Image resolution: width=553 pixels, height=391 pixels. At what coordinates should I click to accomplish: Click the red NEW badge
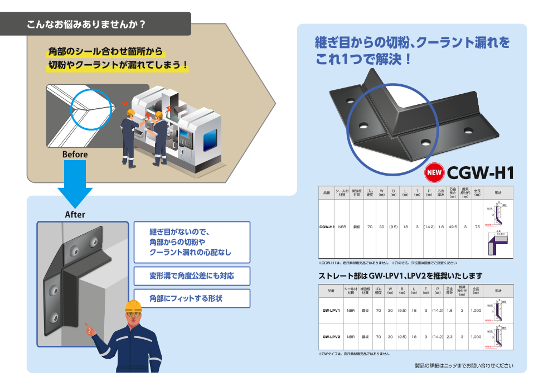point(434,172)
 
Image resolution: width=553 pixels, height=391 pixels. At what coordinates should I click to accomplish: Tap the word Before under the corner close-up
point(75,155)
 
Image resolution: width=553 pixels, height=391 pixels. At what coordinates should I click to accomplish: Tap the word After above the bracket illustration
point(75,215)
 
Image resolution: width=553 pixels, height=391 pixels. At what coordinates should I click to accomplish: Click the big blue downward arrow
point(75,184)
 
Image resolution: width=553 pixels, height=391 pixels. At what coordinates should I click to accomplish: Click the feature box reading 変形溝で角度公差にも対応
point(192,276)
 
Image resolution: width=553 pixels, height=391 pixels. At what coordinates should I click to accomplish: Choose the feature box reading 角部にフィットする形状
point(192,298)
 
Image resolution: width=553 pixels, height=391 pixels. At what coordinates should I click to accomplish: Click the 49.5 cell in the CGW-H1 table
point(452,227)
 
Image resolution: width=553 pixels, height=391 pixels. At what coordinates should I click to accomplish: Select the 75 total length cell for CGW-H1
point(477,227)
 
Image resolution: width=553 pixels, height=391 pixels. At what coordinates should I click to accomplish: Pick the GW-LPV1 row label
point(331,310)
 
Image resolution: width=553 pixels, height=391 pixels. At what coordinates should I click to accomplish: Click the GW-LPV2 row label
point(331,337)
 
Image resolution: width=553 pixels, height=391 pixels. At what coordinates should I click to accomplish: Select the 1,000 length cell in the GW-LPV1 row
point(475,310)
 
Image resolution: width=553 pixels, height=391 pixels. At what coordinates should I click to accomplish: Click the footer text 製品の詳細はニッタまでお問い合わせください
point(463,366)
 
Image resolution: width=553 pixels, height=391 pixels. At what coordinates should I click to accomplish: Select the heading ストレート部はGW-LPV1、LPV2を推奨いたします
point(400,276)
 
